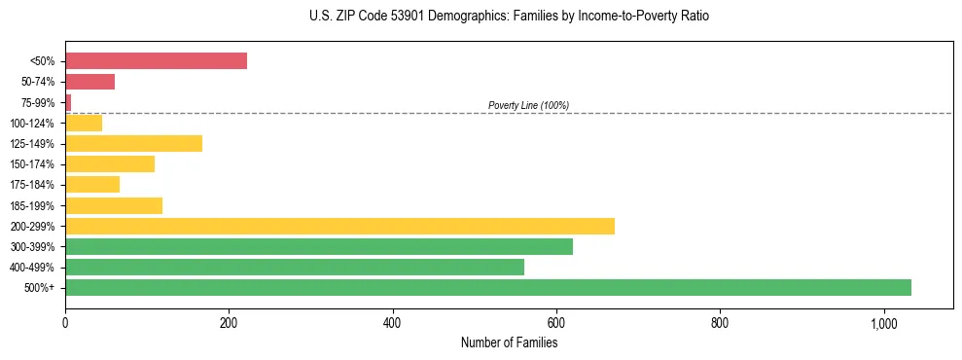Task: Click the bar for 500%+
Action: [x=487, y=287]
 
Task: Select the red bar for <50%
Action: [x=156, y=61]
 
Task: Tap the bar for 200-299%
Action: [x=339, y=226]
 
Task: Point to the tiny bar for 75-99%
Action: [x=68, y=102]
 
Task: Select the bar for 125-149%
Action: [x=133, y=144]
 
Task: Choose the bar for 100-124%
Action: [x=84, y=123]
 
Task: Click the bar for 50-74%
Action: [x=89, y=82]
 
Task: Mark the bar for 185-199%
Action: [x=114, y=205]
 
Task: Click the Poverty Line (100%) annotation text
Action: [x=528, y=105]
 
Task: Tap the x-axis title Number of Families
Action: [x=509, y=342]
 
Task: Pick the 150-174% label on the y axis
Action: [x=32, y=164]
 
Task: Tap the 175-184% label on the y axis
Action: [x=32, y=185]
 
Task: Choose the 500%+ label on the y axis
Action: [x=39, y=288]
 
